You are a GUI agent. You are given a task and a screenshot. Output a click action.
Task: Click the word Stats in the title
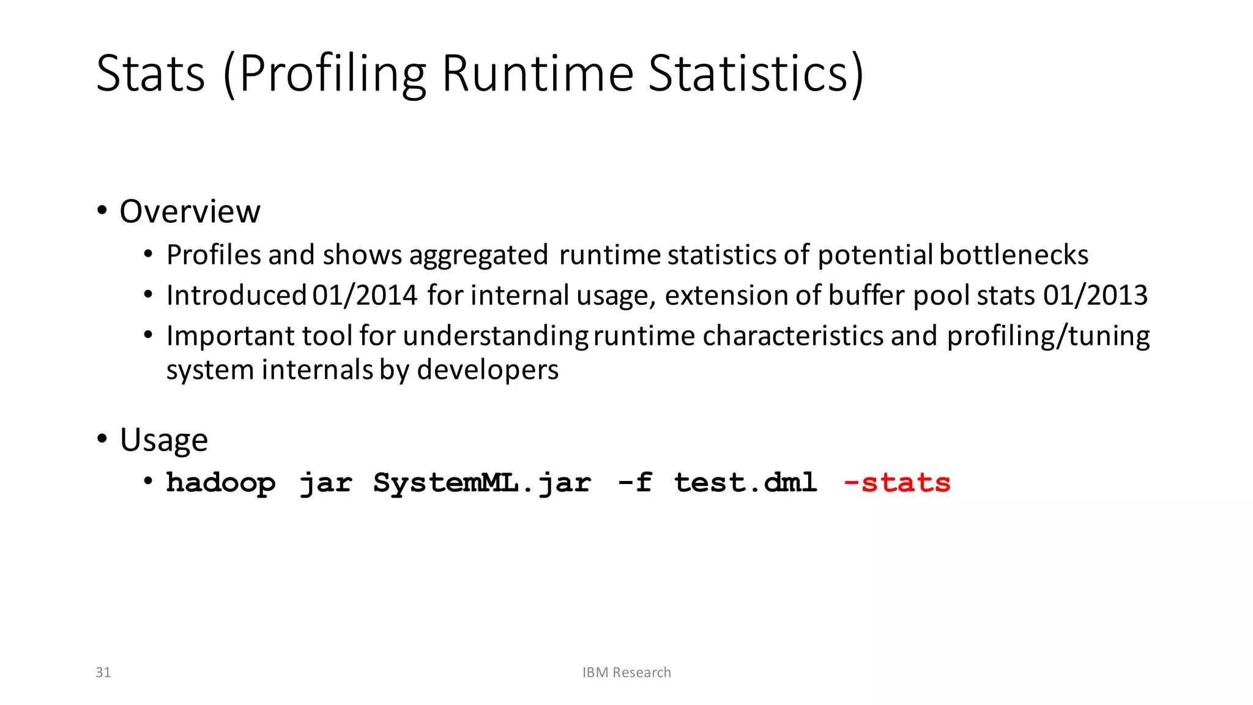(x=151, y=73)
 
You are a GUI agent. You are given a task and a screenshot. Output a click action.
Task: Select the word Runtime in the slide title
(x=538, y=73)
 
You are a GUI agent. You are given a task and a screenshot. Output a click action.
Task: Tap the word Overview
(x=190, y=212)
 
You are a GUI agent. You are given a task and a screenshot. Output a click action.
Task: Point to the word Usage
(x=164, y=440)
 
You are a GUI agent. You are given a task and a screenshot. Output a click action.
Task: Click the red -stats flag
(x=897, y=483)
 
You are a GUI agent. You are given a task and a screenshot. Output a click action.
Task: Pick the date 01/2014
(x=365, y=296)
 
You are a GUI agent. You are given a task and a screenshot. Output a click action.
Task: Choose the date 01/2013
(x=1095, y=296)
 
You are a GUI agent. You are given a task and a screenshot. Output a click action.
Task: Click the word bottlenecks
(x=1014, y=255)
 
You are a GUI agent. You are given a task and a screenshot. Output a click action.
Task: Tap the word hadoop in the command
(x=221, y=483)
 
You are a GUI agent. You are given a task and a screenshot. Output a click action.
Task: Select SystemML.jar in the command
(x=482, y=483)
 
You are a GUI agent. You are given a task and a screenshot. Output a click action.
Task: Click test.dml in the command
(x=745, y=483)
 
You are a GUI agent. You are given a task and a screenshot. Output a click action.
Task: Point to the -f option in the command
(x=634, y=483)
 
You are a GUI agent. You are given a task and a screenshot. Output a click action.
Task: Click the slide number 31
(x=103, y=673)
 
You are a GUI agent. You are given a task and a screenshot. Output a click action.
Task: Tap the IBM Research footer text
(x=626, y=673)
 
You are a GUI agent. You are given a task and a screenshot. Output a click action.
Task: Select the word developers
(x=488, y=370)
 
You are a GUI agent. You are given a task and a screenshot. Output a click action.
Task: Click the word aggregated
(x=478, y=255)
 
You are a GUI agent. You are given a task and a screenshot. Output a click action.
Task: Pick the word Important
(x=230, y=336)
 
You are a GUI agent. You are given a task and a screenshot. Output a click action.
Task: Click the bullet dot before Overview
(x=102, y=211)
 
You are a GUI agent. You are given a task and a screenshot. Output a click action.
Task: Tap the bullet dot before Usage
(x=102, y=439)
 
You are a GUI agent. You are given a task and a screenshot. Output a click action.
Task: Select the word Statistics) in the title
(x=756, y=73)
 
